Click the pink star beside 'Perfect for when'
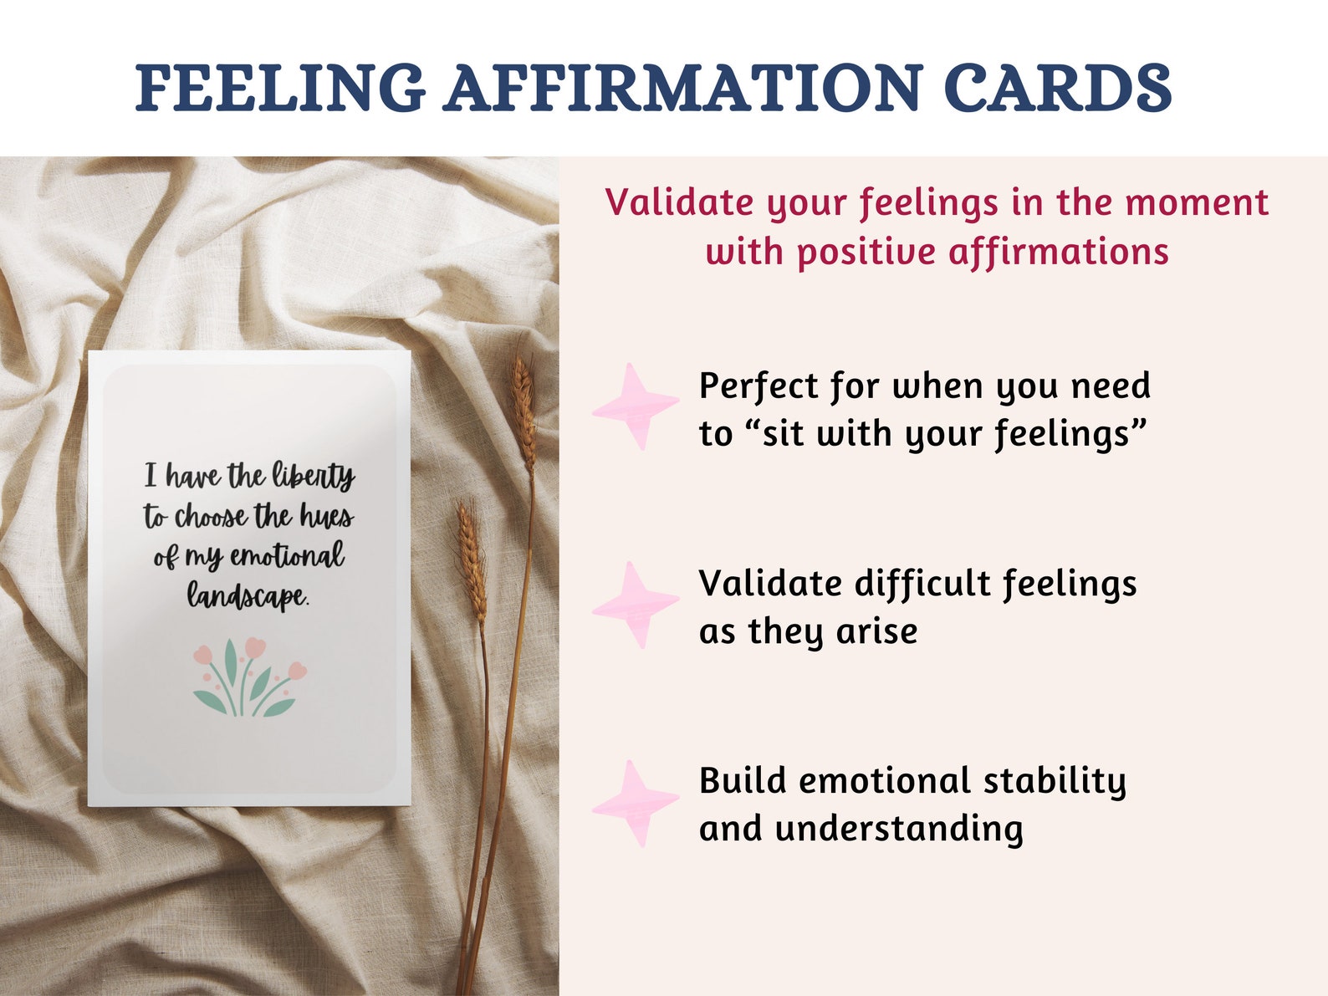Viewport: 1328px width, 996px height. (636, 406)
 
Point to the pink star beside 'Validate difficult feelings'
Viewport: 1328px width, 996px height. (636, 605)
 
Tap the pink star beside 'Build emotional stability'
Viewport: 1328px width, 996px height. (636, 803)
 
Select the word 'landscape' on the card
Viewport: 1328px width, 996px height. (247, 596)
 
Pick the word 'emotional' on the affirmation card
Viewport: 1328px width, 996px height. (287, 555)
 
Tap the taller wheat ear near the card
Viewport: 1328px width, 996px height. (524, 410)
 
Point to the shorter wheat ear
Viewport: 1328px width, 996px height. (472, 556)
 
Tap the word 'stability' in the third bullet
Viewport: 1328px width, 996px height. (1055, 782)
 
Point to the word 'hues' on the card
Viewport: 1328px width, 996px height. (326, 517)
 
